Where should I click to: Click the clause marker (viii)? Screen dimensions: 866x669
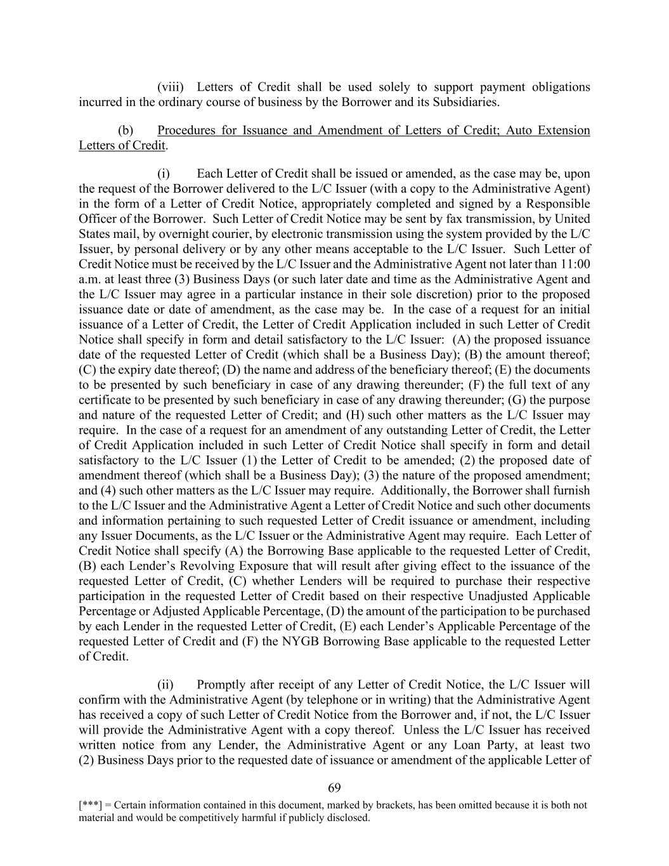(170, 87)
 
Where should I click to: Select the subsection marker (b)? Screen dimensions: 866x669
(126, 130)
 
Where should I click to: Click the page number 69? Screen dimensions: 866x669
(335, 788)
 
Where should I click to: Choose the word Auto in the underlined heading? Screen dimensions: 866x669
(517, 130)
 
